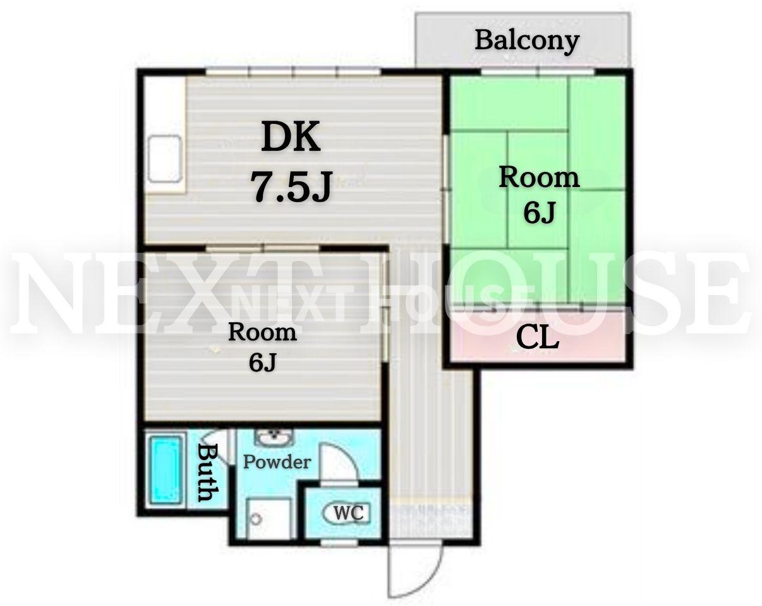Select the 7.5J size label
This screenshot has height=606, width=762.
pyautogui.click(x=291, y=186)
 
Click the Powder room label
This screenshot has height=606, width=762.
pyautogui.click(x=277, y=462)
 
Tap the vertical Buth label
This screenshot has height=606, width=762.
pyautogui.click(x=207, y=473)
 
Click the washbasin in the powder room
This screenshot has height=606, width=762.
pyautogui.click(x=274, y=438)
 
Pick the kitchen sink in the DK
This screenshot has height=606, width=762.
pyautogui.click(x=165, y=159)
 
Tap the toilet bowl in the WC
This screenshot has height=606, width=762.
pyautogui.click(x=346, y=513)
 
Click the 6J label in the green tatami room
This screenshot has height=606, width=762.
pyautogui.click(x=538, y=212)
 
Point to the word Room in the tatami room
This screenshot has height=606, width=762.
pyautogui.click(x=539, y=178)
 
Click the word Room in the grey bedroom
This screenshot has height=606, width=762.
pyautogui.click(x=262, y=332)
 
